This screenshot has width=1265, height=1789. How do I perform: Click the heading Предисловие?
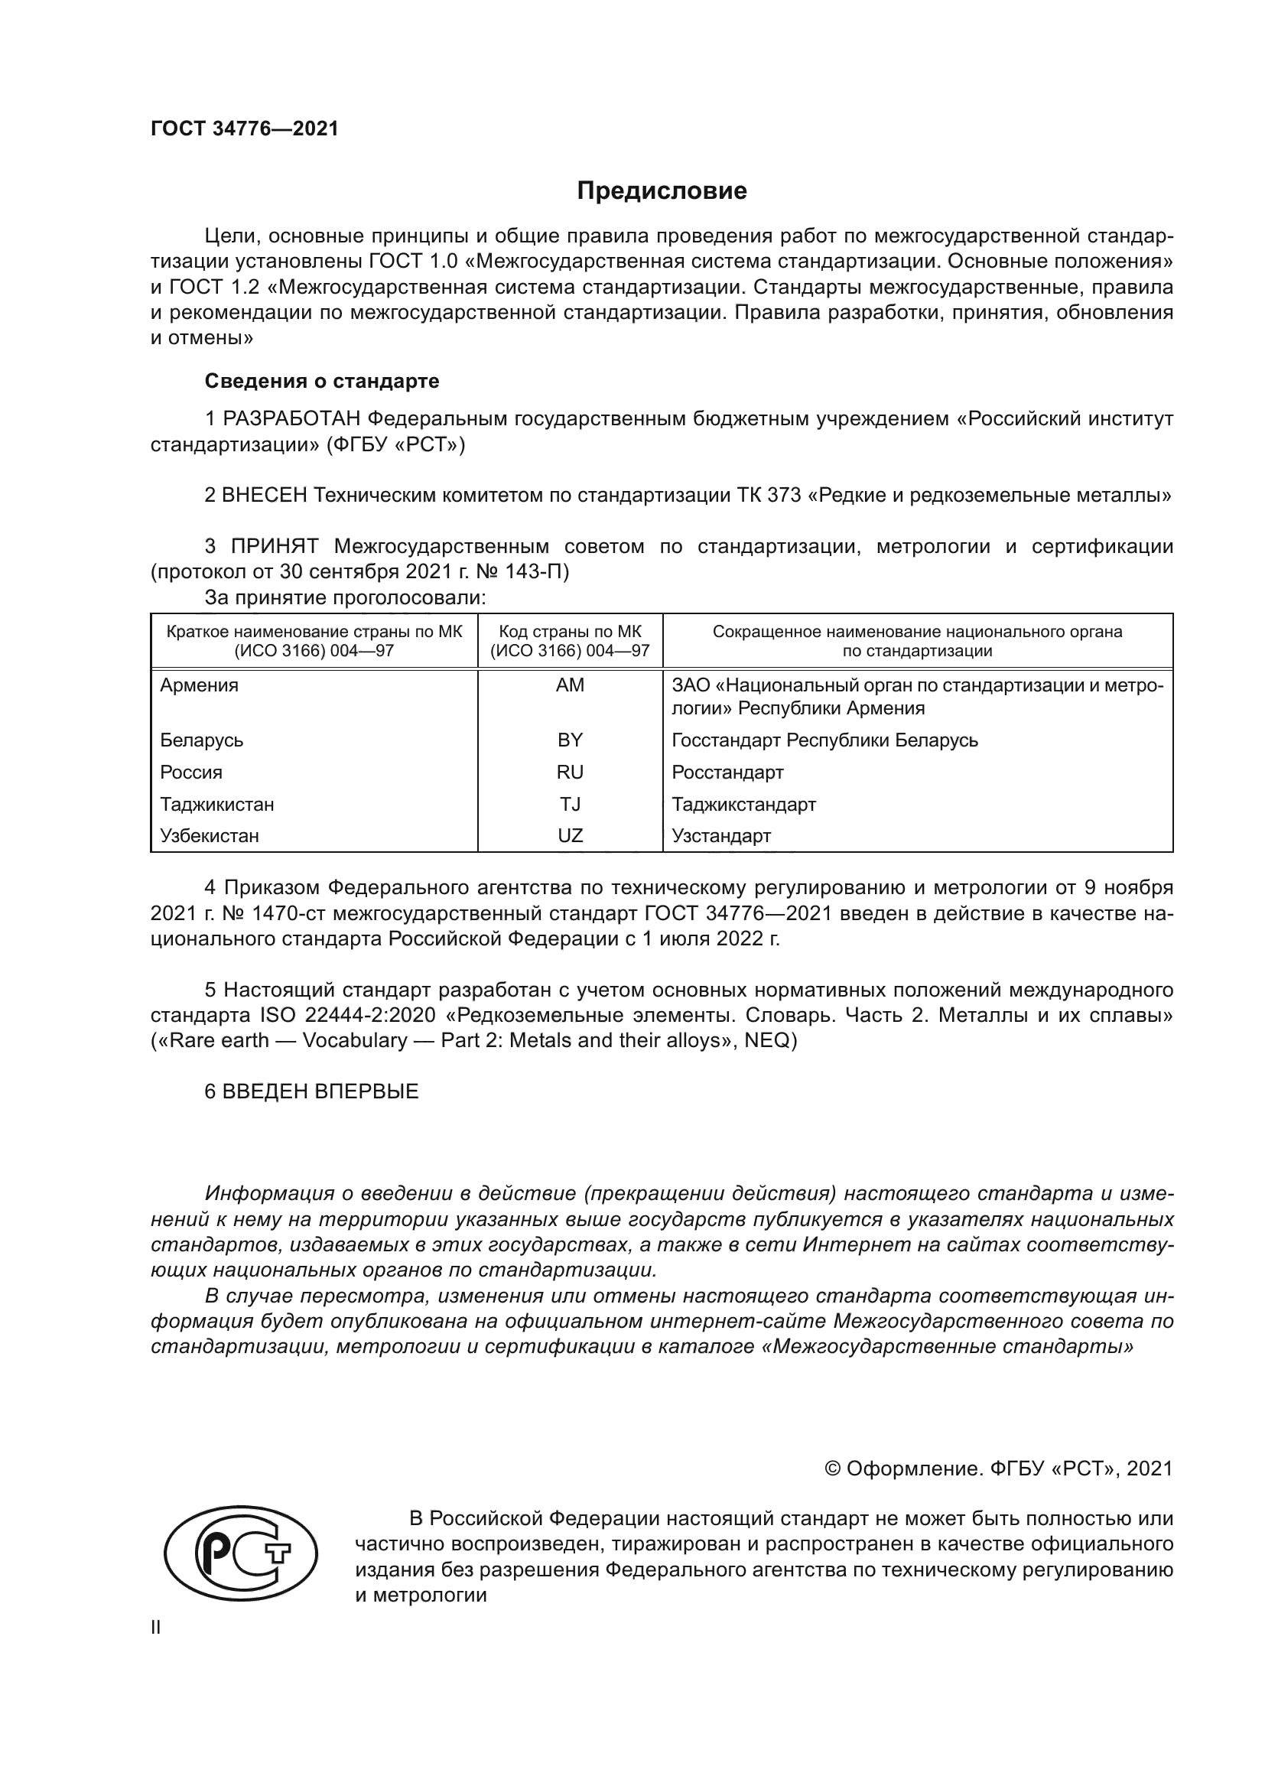662,191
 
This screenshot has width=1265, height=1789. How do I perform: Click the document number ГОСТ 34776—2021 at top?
245,128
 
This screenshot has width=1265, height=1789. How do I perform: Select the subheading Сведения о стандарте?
322,381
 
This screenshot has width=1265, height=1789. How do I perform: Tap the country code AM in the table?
570,685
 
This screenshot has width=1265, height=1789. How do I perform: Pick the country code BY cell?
570,740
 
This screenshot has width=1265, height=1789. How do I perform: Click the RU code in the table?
570,773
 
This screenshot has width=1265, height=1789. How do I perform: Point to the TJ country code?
570,804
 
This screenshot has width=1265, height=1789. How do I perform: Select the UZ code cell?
570,836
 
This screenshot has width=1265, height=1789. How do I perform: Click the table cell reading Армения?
200,685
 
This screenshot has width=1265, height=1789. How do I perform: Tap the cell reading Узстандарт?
721,836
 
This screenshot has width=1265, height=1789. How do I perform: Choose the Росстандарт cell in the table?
727,773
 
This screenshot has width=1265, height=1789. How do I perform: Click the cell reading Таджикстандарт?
744,804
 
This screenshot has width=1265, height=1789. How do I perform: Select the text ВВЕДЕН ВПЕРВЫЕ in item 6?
320,1091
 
